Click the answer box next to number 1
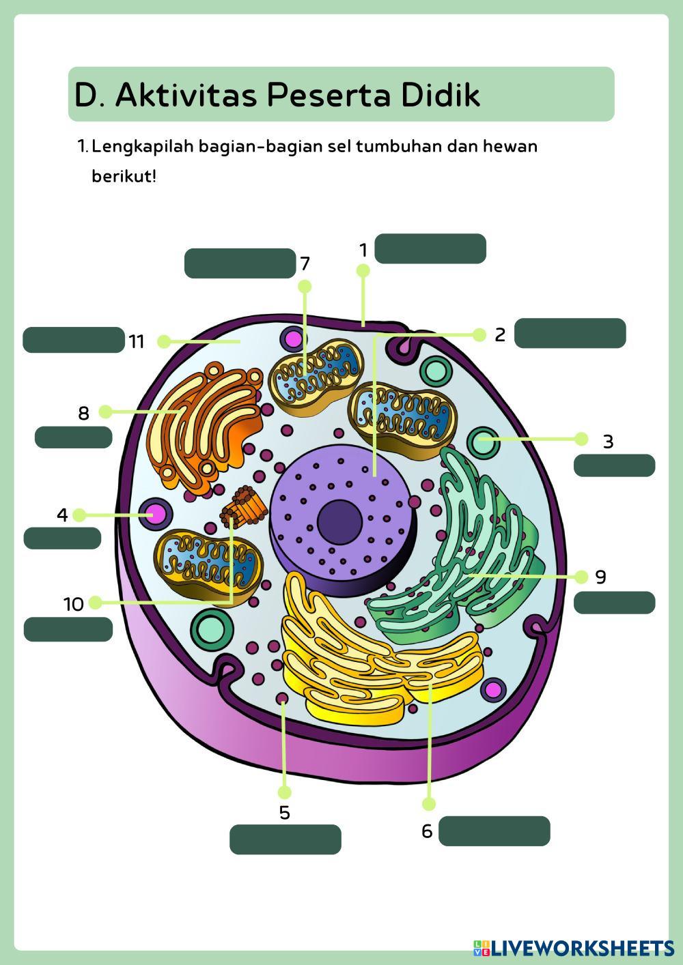(x=430, y=249)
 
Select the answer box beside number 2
(x=570, y=333)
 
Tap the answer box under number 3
(x=614, y=465)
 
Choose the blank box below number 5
(x=285, y=839)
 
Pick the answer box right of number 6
(x=494, y=831)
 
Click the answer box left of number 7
(x=239, y=263)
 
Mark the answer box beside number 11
(x=73, y=340)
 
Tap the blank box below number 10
(x=68, y=629)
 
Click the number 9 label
(x=600, y=577)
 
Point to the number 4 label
(x=62, y=515)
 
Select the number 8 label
(x=83, y=413)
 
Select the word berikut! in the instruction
(x=124, y=177)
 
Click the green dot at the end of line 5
(x=285, y=792)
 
